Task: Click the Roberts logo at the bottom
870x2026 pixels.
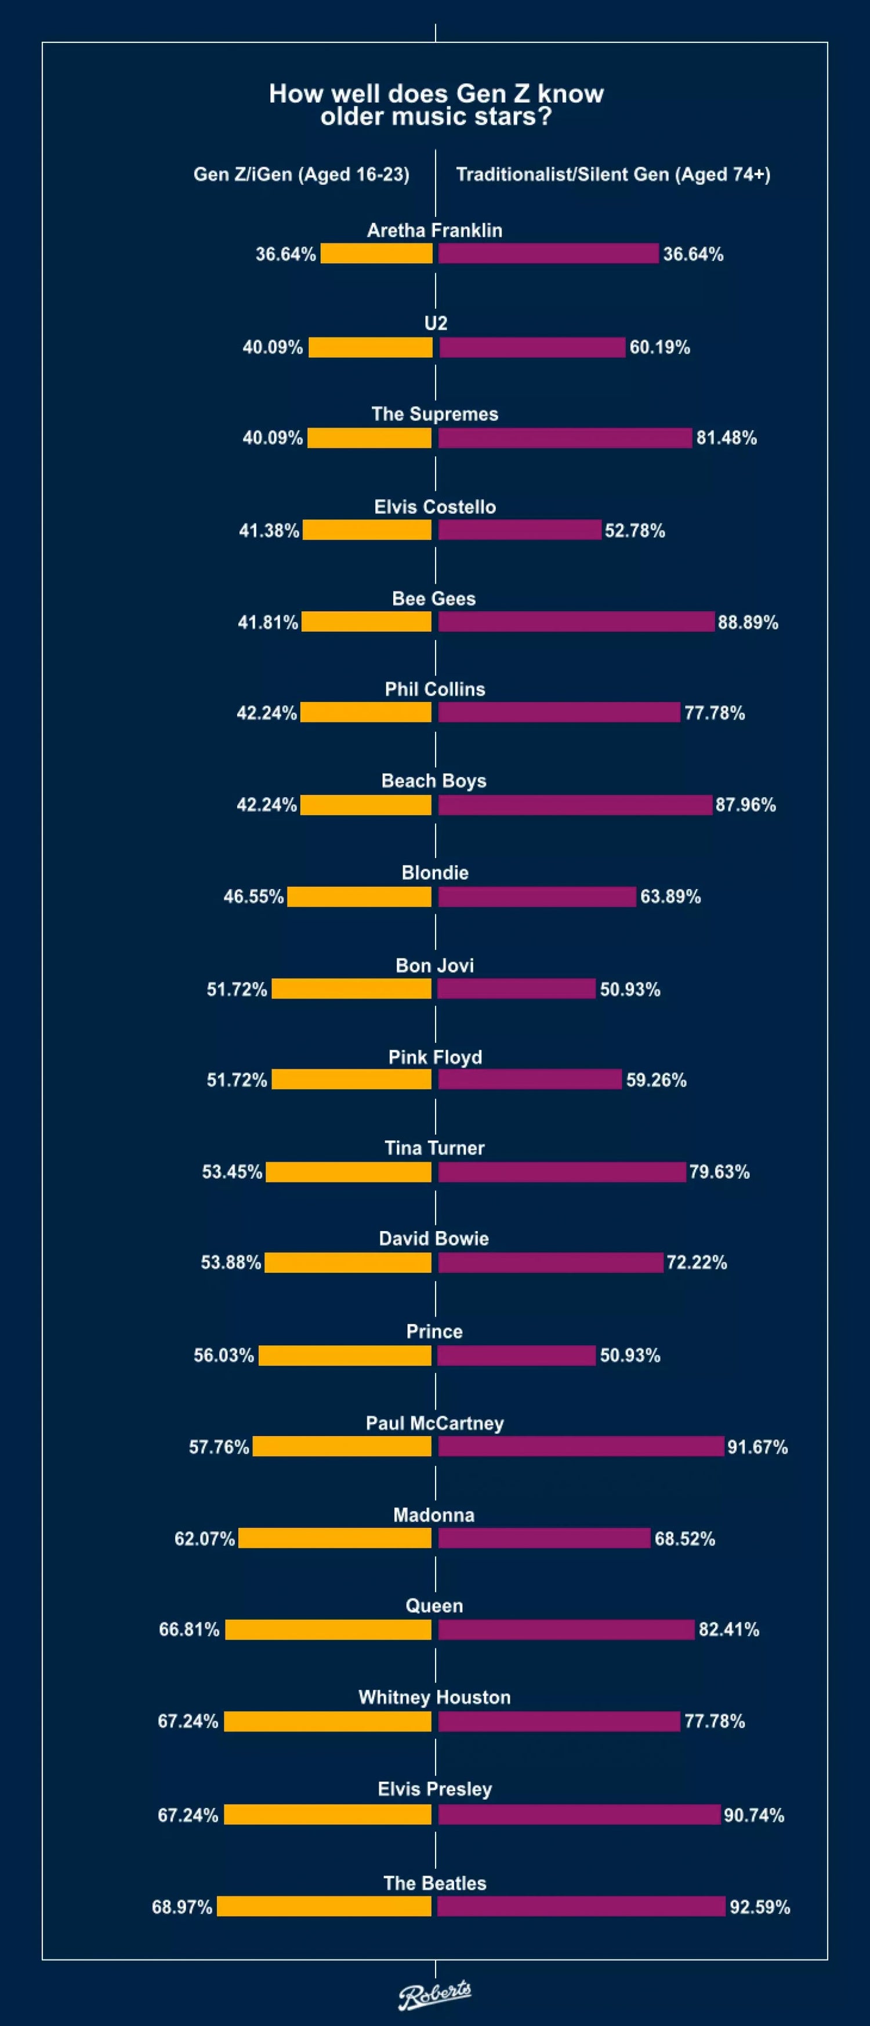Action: [x=434, y=1994]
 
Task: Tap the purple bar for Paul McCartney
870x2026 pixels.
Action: [x=581, y=1446]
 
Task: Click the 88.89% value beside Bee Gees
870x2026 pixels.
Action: [x=747, y=622]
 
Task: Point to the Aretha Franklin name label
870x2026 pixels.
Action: [x=434, y=230]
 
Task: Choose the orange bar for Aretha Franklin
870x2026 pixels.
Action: [x=376, y=253]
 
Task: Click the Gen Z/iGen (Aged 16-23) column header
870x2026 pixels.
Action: [x=301, y=175]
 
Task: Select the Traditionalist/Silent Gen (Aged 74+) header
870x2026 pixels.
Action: [x=613, y=175]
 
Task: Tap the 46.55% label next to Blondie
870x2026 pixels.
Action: [x=253, y=896]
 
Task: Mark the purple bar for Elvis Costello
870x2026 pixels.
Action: [x=519, y=530]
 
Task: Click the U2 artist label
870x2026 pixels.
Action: [x=435, y=323]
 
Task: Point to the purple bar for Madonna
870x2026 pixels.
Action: [x=543, y=1538]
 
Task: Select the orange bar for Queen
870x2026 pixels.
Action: [x=328, y=1629]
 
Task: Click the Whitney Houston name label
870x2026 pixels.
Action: [x=434, y=1697]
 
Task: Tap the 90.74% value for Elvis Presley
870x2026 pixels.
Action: [x=753, y=1814]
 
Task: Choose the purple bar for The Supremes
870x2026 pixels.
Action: [x=565, y=437]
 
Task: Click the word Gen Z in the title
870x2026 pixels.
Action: [x=492, y=93]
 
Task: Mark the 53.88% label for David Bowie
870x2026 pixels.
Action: [x=230, y=1262]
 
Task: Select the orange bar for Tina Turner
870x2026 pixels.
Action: [x=349, y=1171]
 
